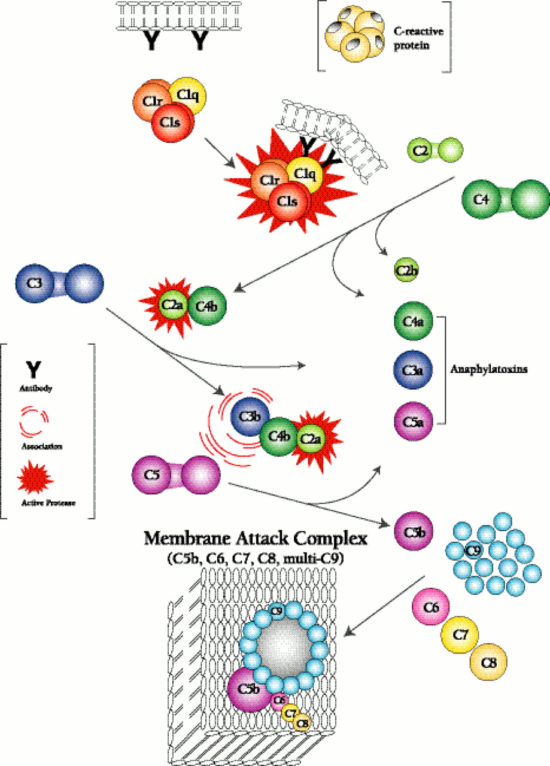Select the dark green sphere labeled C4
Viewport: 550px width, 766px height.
(479, 199)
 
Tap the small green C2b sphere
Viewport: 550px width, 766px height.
(406, 270)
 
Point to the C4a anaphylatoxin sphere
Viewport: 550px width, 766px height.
(410, 322)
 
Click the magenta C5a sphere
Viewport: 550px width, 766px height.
(410, 420)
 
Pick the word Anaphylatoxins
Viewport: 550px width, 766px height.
(487, 369)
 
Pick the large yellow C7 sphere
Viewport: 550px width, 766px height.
(460, 636)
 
